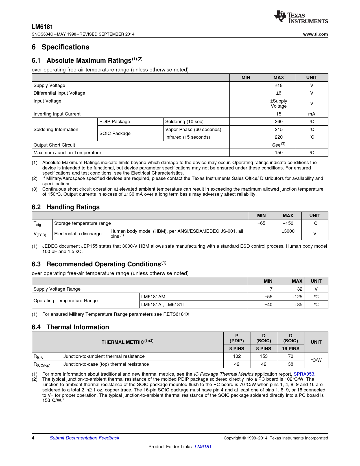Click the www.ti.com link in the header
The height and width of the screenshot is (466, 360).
coord(315,34)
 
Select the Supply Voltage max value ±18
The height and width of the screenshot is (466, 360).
coord(279,85)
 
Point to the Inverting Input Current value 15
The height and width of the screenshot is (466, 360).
coord(279,114)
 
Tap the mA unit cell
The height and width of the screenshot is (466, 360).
coord(311,114)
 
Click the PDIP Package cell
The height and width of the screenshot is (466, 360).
coord(115,121)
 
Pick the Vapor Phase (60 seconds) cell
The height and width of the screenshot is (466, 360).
coord(193,129)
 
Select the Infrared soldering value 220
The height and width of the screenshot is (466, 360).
coord(279,137)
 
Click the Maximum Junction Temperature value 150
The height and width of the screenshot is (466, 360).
coord(279,153)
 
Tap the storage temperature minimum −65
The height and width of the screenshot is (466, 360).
coord(261,223)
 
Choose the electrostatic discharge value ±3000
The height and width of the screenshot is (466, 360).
coord(288,231)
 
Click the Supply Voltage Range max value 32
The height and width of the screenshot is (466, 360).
coord(300,289)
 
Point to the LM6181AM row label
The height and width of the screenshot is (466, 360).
coord(153,297)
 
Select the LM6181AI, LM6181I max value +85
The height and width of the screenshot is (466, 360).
coord(298,304)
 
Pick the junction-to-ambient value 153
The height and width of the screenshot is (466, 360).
coord(264,356)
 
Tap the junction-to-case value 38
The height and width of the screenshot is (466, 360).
coord(291,364)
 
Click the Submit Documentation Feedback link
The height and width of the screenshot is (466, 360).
coord(84,438)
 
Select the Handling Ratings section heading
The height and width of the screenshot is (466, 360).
coord(73,207)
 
